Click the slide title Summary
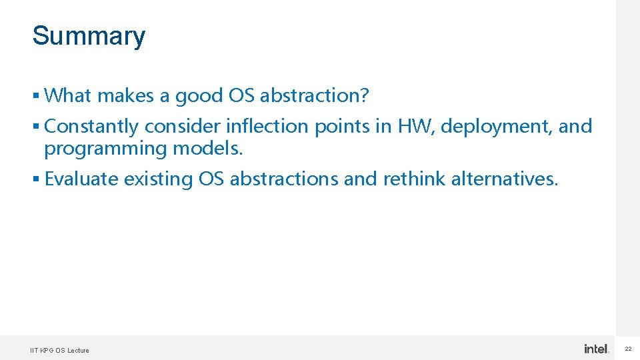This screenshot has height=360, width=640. (88, 36)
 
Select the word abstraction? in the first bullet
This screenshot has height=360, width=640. (314, 96)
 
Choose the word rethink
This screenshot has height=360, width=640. (414, 179)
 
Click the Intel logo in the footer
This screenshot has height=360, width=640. (596, 349)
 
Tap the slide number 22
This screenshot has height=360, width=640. (628, 349)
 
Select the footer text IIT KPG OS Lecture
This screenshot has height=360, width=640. (59, 350)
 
